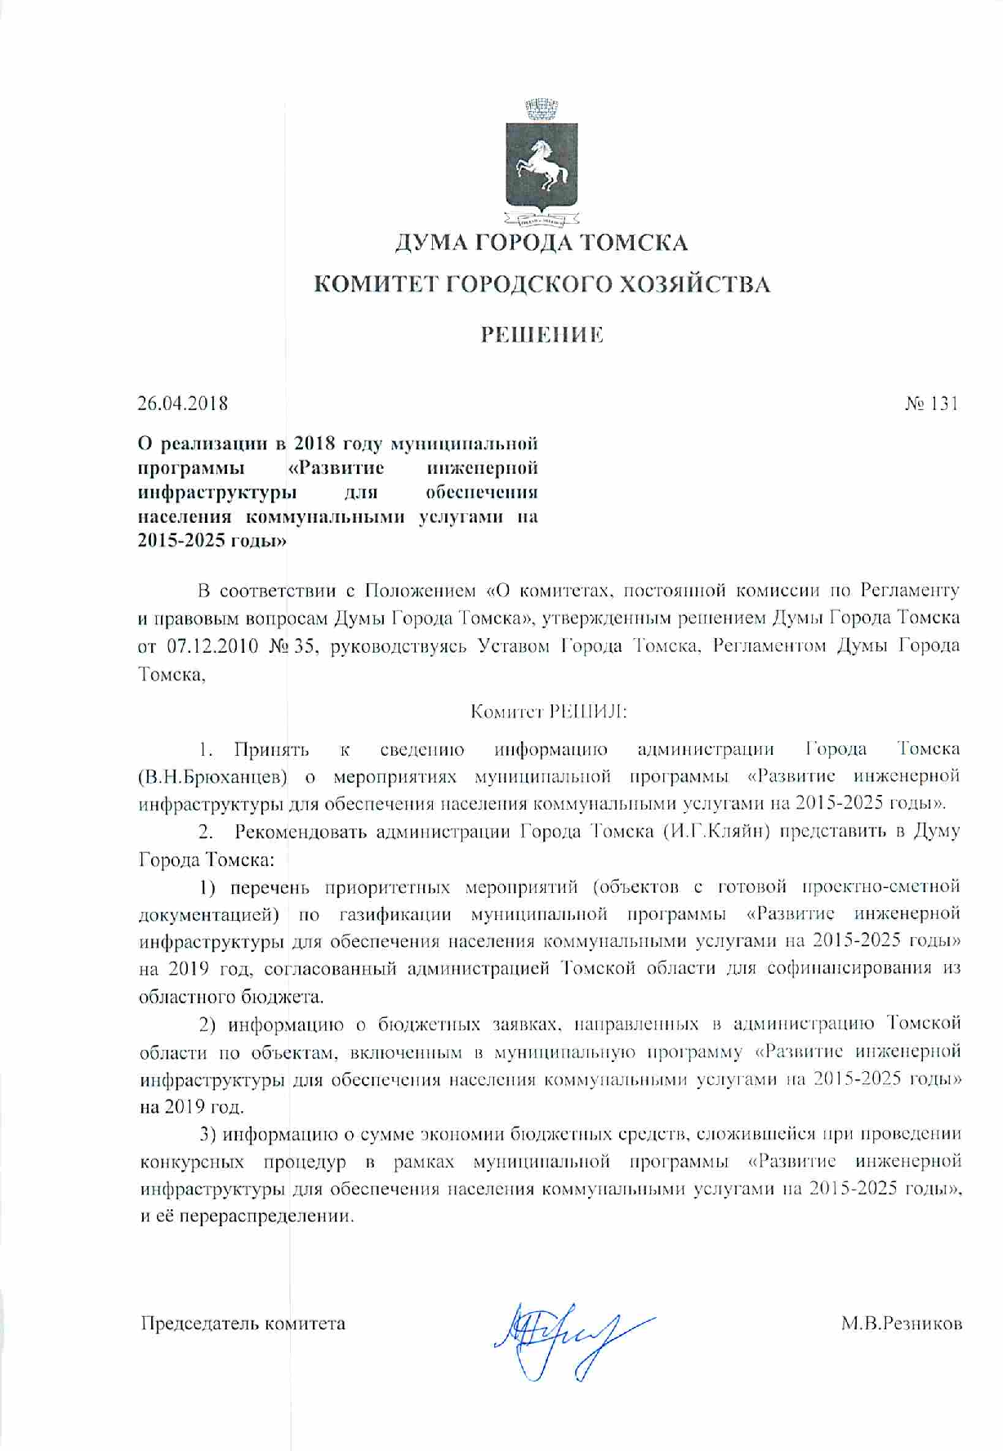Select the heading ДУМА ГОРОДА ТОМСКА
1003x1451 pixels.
(x=541, y=243)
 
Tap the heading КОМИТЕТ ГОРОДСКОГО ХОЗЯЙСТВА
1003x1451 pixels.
(x=542, y=284)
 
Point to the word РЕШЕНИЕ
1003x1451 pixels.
(x=541, y=335)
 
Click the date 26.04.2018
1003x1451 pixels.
(x=182, y=404)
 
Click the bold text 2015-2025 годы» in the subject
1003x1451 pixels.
(x=212, y=541)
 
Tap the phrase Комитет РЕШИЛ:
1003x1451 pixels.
(x=548, y=712)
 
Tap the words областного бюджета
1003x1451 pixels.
(x=231, y=997)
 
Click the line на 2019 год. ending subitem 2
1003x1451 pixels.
(x=192, y=1108)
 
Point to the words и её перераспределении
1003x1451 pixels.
(x=247, y=1216)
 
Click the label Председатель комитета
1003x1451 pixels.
(x=243, y=1324)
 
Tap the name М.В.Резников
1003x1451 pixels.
(x=901, y=1324)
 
